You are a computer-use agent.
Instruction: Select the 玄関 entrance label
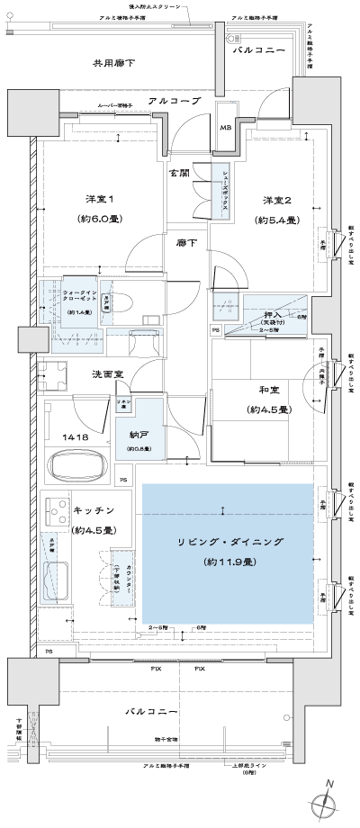(178, 173)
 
